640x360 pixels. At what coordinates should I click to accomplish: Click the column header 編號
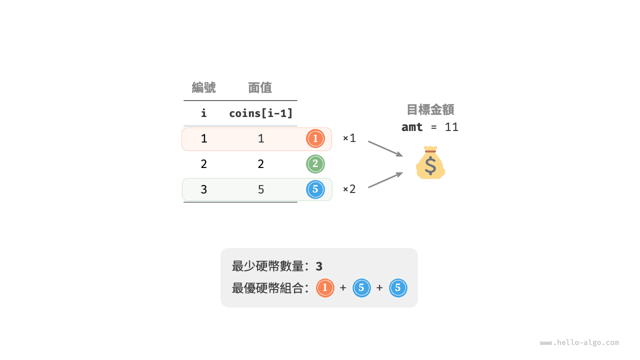203,87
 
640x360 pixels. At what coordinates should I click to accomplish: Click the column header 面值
259,87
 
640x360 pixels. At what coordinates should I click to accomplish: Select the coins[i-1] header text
261,113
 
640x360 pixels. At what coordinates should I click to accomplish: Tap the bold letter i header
203,113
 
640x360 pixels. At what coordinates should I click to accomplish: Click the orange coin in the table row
315,138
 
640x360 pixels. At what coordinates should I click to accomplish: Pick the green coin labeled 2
315,164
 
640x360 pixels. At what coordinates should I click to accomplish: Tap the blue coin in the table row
315,189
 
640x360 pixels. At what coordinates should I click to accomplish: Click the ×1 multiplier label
349,138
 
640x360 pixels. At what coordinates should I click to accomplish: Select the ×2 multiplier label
349,189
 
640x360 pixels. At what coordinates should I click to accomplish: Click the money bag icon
430,163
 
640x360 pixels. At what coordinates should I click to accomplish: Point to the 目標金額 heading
430,109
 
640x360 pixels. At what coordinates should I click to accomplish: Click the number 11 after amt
451,127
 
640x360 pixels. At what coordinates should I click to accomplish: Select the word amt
412,127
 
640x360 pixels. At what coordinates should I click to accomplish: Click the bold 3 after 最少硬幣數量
319,266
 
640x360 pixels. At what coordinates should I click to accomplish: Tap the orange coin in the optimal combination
325,288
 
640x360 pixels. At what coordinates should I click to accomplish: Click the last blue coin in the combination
398,288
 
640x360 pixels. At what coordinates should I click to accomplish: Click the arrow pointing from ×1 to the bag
385,149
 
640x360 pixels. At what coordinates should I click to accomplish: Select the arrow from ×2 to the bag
385,179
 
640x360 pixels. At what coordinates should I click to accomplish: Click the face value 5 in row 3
261,189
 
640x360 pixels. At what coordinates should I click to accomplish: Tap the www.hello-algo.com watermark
579,342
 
